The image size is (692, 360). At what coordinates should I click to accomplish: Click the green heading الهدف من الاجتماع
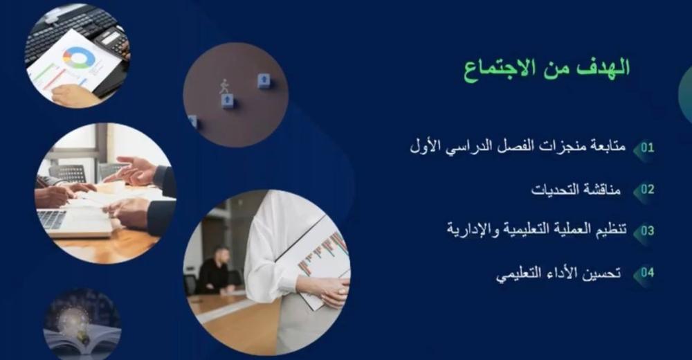pos(547,70)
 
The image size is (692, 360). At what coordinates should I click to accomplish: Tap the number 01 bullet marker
pos(647,147)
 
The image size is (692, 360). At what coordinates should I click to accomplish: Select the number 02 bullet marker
pos(647,190)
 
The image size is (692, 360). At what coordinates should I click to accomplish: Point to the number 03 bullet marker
pos(647,231)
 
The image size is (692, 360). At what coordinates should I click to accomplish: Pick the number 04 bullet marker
pos(647,273)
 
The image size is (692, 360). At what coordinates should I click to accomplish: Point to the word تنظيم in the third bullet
pos(612,230)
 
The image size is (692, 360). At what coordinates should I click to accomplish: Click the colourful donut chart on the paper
pos(79,57)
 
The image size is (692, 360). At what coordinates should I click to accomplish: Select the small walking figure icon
pos(224,87)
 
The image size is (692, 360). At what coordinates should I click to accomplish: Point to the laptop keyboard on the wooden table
pos(51,219)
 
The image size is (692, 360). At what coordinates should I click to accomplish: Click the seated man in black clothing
pos(215,271)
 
